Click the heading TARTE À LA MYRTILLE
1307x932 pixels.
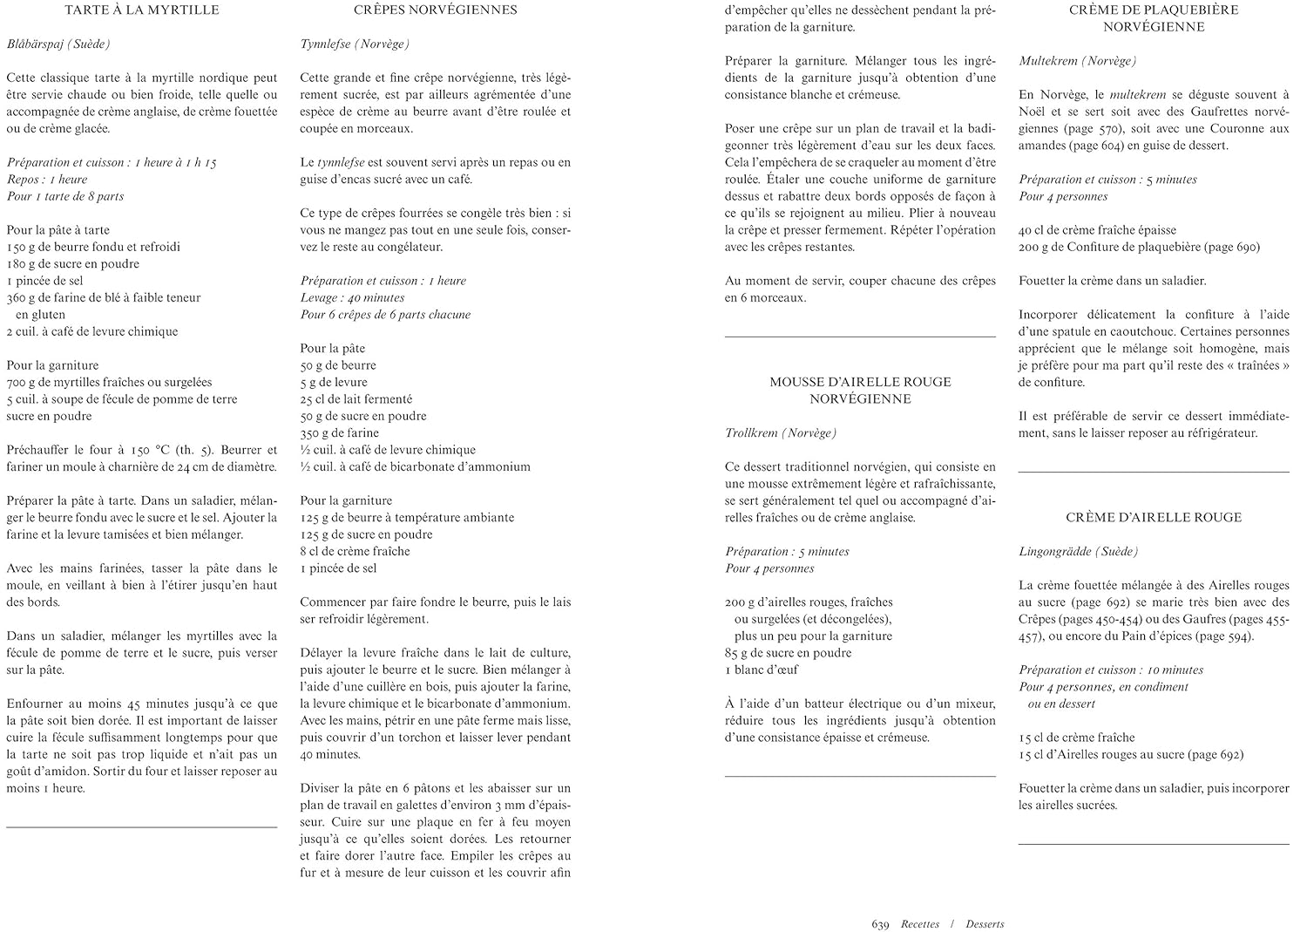pyautogui.click(x=142, y=10)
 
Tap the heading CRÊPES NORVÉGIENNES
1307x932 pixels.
pyautogui.click(x=436, y=10)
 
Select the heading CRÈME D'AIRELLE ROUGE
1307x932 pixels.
pyautogui.click(x=1154, y=518)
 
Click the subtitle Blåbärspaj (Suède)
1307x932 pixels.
pyautogui.click(x=58, y=44)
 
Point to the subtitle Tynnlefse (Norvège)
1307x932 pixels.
pyautogui.click(x=355, y=44)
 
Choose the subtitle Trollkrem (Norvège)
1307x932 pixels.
pyautogui.click(x=781, y=433)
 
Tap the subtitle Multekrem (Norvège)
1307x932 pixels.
pyautogui.click(x=1077, y=61)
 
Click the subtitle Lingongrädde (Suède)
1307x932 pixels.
pyautogui.click(x=1079, y=552)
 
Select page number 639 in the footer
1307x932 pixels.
pyautogui.click(x=880, y=924)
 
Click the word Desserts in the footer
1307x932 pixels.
pyautogui.click(x=985, y=924)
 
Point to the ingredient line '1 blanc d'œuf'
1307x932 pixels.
pyautogui.click(x=762, y=670)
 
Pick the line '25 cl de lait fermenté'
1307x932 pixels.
pyautogui.click(x=356, y=399)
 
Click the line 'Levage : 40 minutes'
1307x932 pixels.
pyautogui.click(x=352, y=298)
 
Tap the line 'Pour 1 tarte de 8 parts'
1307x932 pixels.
pyautogui.click(x=65, y=196)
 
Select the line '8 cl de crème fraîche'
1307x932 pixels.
pyautogui.click(x=355, y=551)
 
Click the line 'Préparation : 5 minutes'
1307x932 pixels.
pyautogui.click(x=787, y=552)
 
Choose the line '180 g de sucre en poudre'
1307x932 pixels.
pyautogui.click(x=73, y=264)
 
